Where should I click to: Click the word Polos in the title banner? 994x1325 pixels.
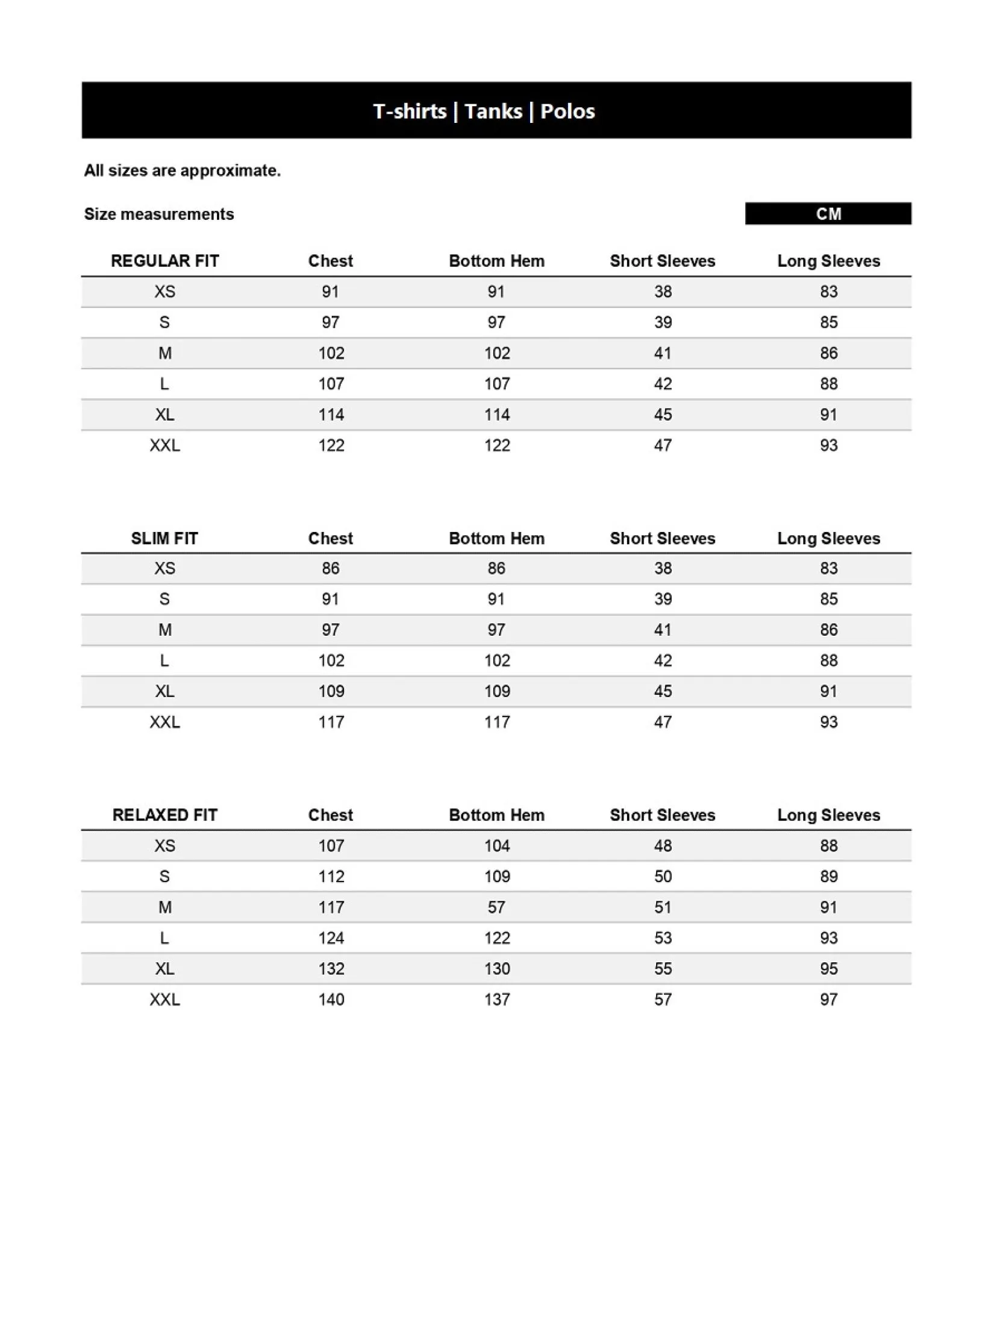(567, 111)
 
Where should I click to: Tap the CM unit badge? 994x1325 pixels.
(828, 214)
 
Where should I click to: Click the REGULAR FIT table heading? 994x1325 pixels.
(164, 261)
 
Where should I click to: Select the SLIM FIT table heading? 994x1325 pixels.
(164, 538)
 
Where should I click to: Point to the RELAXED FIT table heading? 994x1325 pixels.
(164, 815)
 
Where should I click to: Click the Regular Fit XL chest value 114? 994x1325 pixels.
(331, 415)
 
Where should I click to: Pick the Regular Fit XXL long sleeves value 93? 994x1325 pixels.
(828, 445)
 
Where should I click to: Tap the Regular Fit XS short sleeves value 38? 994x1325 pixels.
(663, 292)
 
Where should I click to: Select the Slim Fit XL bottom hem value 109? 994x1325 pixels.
(497, 691)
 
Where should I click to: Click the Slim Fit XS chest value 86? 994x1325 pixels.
(331, 568)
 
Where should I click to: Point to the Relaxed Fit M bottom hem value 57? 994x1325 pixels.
(496, 907)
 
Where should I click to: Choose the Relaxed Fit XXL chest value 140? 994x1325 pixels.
(331, 999)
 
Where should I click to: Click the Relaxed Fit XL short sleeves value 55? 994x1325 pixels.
(663, 968)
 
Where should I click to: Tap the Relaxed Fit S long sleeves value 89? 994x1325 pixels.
(828, 876)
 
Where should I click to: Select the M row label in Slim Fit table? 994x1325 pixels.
(164, 630)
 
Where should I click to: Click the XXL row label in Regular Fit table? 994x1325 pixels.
(164, 445)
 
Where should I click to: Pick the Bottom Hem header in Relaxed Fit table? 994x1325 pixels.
(496, 815)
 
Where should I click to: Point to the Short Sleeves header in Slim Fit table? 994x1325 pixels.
(662, 538)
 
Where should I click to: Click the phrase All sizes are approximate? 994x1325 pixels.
(182, 171)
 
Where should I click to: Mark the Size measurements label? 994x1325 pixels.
(158, 214)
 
